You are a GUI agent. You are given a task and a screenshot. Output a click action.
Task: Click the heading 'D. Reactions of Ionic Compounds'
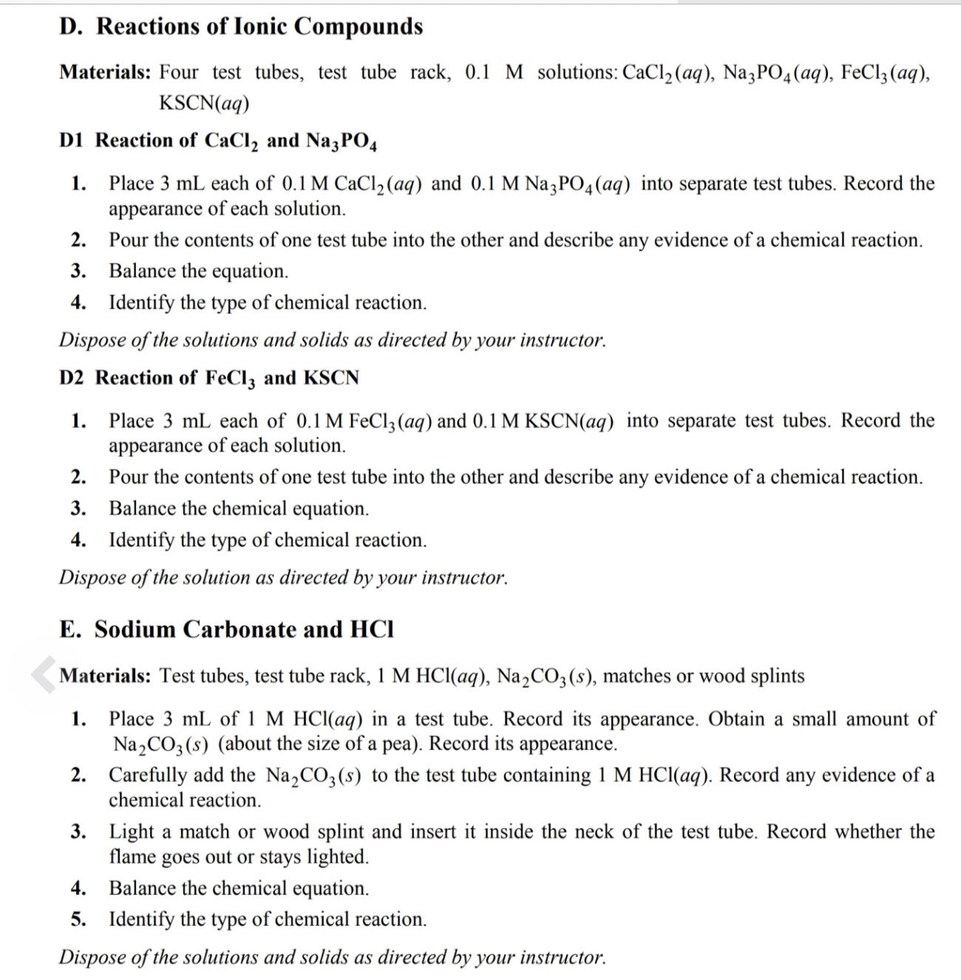(241, 27)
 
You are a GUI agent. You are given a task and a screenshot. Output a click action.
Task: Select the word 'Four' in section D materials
(179, 72)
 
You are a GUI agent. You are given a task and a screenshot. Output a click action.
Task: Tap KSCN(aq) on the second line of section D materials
(204, 104)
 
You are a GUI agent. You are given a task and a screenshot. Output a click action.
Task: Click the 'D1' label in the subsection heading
(72, 141)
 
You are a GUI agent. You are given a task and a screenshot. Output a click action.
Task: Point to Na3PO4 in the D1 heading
(341, 141)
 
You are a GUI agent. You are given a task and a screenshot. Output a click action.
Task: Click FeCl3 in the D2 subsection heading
(230, 379)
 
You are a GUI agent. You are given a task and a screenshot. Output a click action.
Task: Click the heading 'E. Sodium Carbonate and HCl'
(226, 629)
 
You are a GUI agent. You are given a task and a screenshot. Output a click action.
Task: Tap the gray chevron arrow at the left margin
(44, 675)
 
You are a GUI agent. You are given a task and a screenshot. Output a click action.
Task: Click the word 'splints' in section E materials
(777, 676)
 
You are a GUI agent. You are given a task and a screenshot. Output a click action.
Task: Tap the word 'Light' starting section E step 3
(132, 832)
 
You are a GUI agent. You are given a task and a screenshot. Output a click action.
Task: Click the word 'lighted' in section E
(336, 857)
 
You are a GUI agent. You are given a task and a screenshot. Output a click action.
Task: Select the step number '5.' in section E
(78, 919)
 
